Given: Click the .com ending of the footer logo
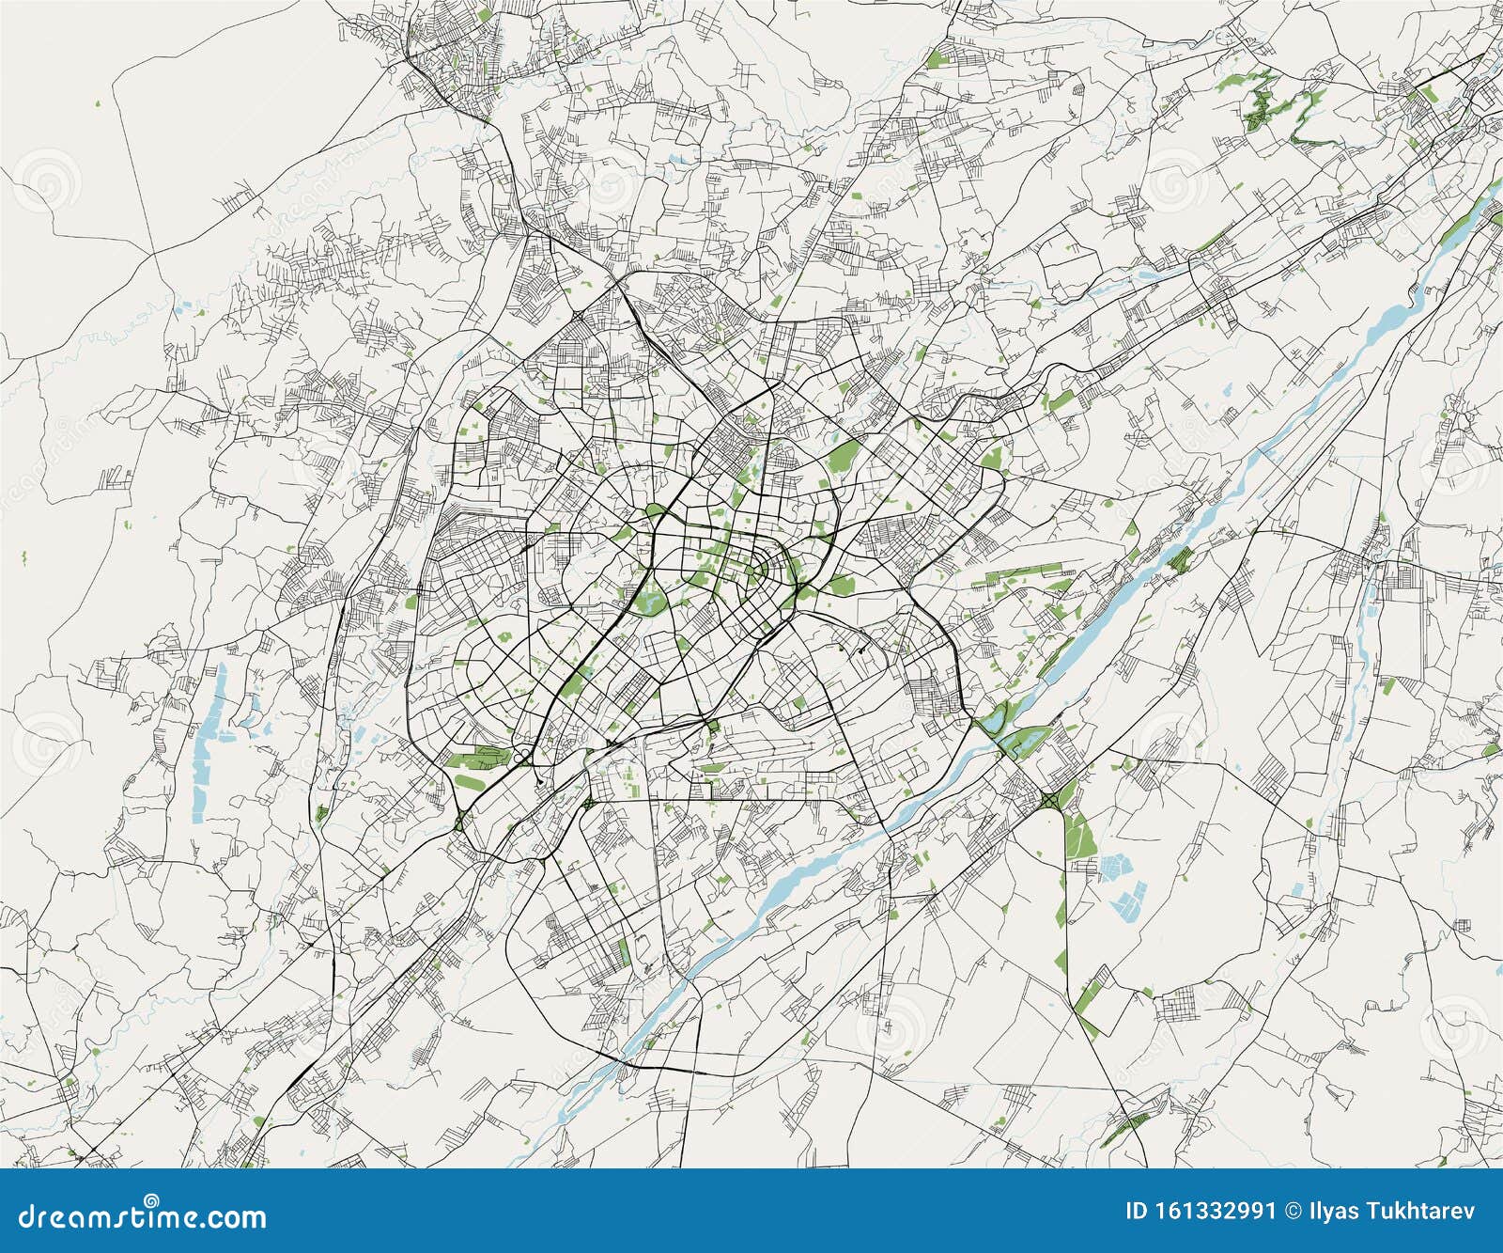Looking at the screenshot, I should (x=234, y=1218).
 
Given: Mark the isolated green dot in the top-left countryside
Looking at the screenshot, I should (x=98, y=104).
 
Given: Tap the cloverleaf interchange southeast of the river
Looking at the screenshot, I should (x=1048, y=799).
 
